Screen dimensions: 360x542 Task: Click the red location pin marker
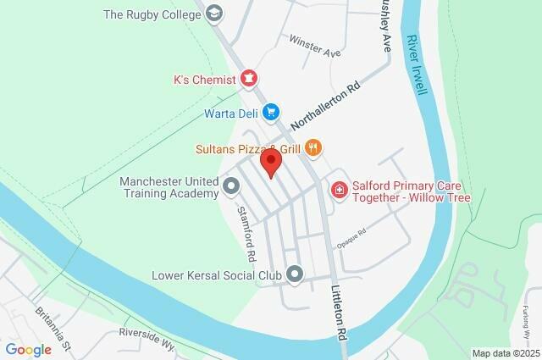(x=271, y=162)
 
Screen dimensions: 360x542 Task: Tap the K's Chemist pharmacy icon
(x=249, y=80)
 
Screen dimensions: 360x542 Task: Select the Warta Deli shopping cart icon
(x=271, y=112)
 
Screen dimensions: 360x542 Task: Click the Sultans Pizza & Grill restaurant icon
(x=313, y=149)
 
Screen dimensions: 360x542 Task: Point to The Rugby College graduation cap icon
(x=214, y=14)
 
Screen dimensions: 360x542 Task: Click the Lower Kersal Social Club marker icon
(x=295, y=274)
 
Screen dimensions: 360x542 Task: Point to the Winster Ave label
(x=314, y=45)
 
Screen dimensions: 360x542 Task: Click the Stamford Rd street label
(x=246, y=233)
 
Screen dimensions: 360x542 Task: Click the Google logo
(x=29, y=350)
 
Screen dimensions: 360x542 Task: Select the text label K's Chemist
(x=203, y=80)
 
